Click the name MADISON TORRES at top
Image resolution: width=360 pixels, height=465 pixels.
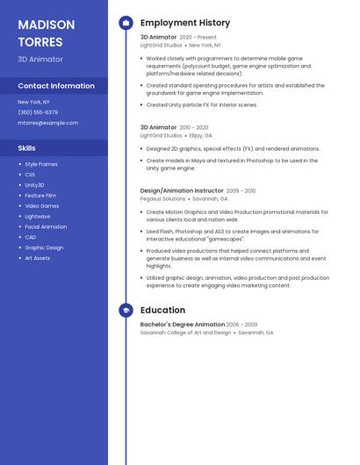46,32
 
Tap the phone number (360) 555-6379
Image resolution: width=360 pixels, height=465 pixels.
38,112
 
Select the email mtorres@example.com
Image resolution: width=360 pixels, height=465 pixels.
47,123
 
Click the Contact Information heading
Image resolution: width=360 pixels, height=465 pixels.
56,86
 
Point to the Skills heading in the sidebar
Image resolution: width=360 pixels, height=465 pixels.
26,148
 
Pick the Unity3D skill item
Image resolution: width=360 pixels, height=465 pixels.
34,185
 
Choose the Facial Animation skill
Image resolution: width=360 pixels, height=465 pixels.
46,226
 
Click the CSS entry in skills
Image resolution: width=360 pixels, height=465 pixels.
30,175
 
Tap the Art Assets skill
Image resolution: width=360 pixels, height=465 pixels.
38,258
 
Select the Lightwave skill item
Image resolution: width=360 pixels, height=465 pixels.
38,216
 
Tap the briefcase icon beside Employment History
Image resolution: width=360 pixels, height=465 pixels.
126,22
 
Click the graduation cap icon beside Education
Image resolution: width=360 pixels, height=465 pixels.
126,310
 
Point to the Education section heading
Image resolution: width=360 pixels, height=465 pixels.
162,310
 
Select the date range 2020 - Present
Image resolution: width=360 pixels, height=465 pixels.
198,38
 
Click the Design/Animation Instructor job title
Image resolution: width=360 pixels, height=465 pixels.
181,190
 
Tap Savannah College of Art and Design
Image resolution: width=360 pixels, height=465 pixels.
185,333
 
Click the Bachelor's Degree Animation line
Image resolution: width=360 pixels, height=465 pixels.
182,325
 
